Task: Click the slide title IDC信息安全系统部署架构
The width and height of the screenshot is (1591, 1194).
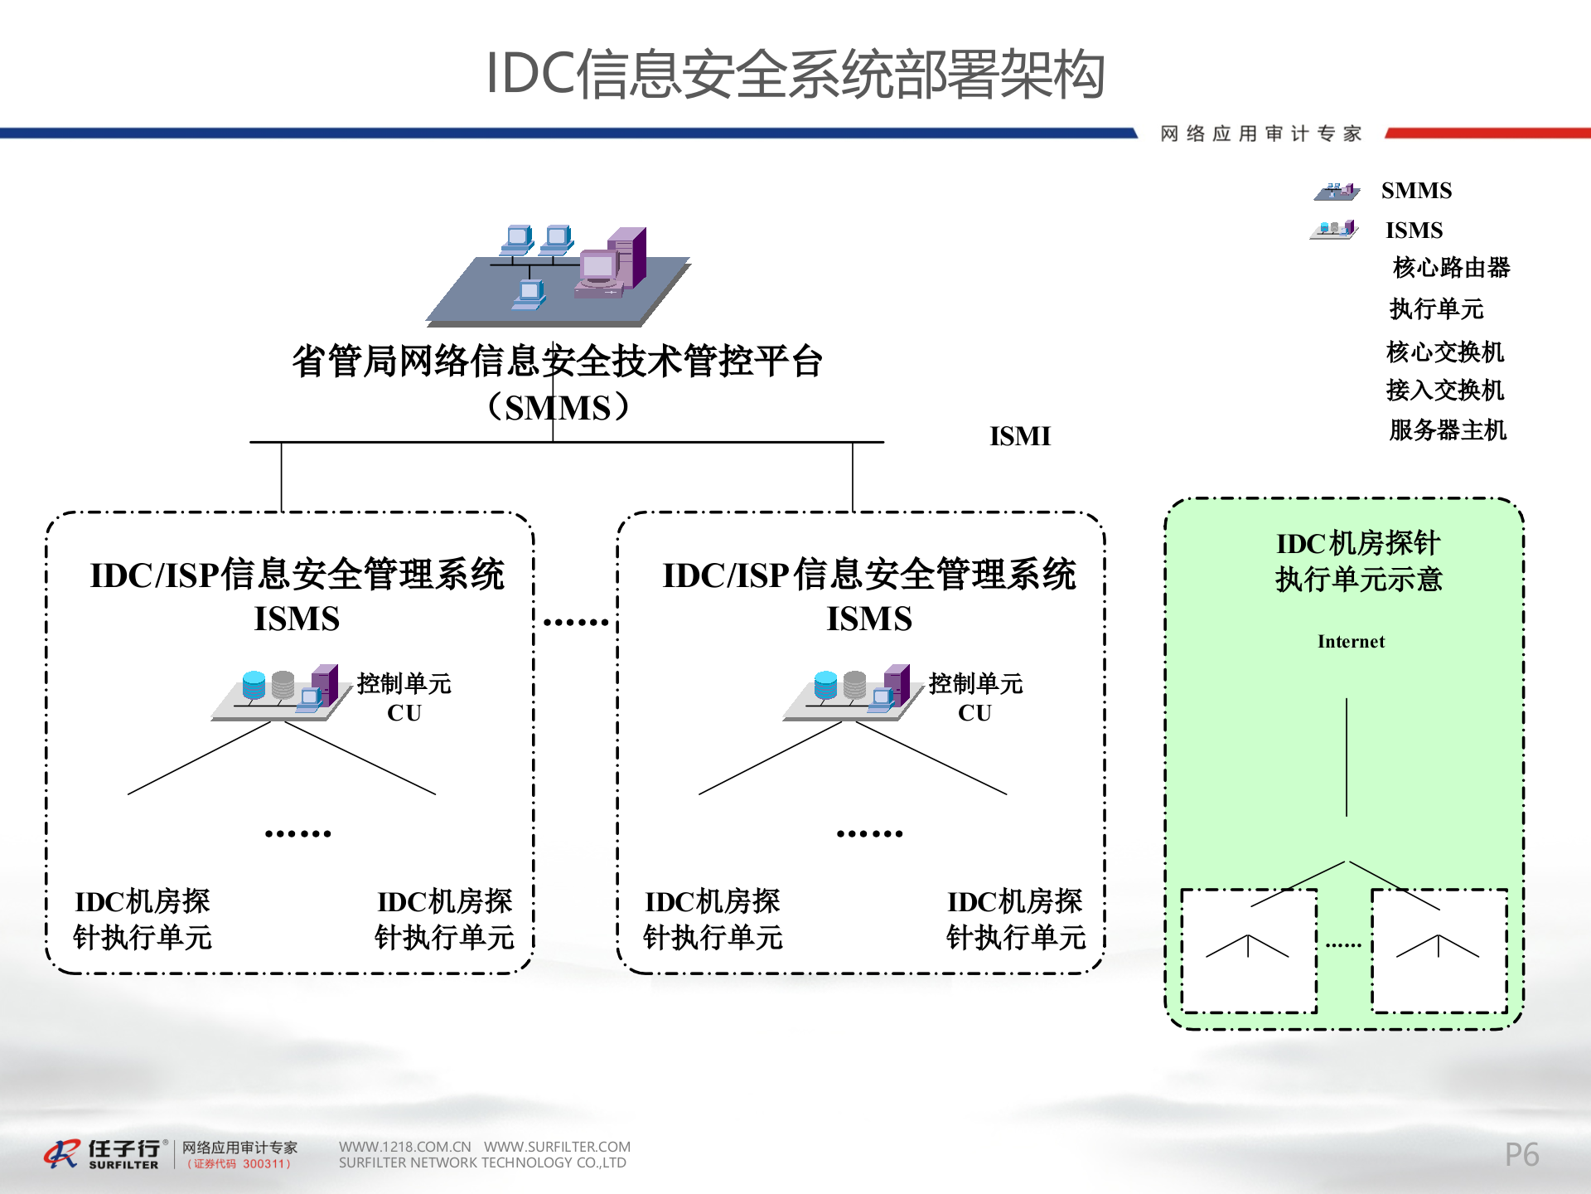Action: click(795, 75)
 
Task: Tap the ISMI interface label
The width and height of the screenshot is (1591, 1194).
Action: click(1019, 436)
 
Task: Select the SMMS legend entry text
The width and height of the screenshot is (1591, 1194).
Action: click(1416, 191)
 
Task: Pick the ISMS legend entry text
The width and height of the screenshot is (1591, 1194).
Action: click(1414, 231)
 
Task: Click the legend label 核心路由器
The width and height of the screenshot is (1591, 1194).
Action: click(1451, 268)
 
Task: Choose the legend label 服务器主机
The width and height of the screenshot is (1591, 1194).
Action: click(1448, 430)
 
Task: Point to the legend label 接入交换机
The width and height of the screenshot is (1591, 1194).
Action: click(1444, 390)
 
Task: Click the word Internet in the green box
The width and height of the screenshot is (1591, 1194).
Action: click(1351, 642)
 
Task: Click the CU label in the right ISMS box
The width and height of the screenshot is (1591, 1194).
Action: click(974, 713)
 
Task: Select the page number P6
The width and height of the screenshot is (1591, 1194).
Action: click(1521, 1154)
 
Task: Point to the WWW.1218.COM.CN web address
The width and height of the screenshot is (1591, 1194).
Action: click(404, 1147)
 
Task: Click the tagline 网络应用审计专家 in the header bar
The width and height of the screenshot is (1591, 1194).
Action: click(1260, 133)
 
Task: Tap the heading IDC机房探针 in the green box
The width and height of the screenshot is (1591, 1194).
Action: click(1358, 544)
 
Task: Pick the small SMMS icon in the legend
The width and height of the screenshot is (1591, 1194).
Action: click(1337, 192)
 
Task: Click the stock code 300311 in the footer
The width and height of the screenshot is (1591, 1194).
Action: click(266, 1164)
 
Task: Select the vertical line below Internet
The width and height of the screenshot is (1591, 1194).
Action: click(1347, 756)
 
